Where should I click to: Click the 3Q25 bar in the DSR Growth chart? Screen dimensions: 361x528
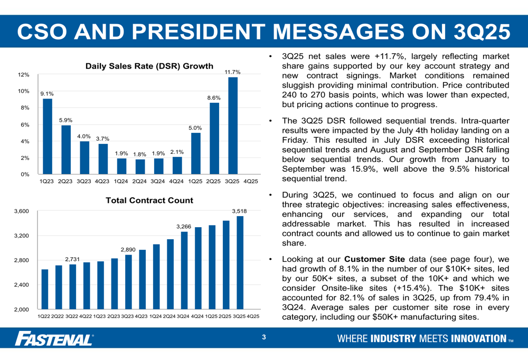233,125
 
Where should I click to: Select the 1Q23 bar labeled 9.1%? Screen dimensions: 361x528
48,136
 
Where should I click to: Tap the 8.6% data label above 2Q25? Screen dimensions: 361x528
214,97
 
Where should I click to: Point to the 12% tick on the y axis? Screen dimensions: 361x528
24,75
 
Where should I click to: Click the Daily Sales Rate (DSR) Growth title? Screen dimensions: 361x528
149,66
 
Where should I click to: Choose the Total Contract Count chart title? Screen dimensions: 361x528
149,201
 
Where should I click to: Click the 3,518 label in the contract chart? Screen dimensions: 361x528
239,211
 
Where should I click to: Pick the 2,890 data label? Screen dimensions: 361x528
128,249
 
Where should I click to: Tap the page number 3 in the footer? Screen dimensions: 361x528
264,337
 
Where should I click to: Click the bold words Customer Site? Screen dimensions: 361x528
374,259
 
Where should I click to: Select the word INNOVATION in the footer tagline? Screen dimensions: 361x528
478,338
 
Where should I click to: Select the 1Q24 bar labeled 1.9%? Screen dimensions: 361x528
121,166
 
